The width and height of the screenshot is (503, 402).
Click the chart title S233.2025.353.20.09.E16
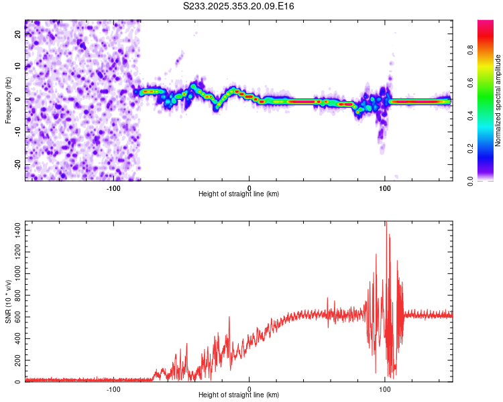click(x=239, y=7)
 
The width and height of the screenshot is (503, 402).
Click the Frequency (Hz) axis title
click(x=8, y=100)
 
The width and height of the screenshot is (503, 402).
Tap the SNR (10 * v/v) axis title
click(x=8, y=301)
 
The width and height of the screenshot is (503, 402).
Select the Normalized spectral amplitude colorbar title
click(x=498, y=100)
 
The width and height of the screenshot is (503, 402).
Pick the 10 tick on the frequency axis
click(x=18, y=66)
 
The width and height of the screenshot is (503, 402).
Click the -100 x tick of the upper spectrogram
click(x=113, y=188)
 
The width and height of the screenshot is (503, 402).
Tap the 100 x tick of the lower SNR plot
click(x=385, y=389)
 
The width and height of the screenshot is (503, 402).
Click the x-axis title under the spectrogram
click(x=239, y=194)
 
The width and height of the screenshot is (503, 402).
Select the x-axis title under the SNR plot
click(x=239, y=395)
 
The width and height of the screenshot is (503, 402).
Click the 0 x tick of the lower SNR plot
click(x=249, y=389)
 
